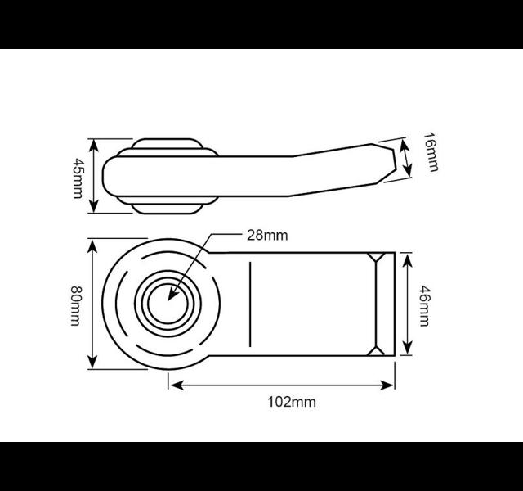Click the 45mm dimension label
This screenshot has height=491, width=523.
tap(78, 178)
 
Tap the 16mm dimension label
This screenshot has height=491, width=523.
tap(431, 152)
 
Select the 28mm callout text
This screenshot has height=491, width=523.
tap(267, 236)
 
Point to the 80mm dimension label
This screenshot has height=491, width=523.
tap(75, 305)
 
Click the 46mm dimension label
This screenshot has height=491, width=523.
tap(424, 305)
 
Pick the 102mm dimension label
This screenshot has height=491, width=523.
tap(292, 402)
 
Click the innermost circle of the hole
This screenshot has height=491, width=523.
tap(168, 304)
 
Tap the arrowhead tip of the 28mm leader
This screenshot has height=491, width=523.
tap(168, 300)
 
